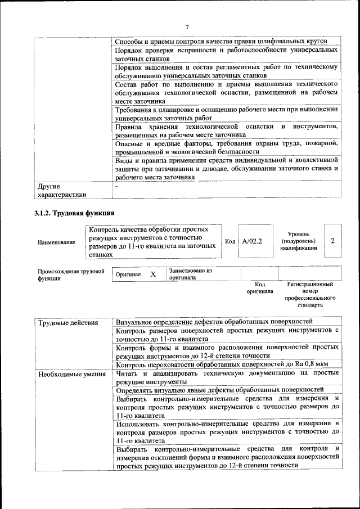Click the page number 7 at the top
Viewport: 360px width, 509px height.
187,26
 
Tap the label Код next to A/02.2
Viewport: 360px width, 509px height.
229,241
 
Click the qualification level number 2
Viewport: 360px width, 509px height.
333,241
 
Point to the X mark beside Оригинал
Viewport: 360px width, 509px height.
152,274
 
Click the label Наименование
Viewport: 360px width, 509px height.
56,242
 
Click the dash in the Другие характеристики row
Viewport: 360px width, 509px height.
117,186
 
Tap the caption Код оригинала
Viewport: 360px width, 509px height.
259,288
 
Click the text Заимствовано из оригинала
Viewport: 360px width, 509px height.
190,274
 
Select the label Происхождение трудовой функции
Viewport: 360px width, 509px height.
71,274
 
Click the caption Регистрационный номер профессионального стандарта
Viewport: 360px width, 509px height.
310,295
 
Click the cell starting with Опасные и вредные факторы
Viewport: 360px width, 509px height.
227,148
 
